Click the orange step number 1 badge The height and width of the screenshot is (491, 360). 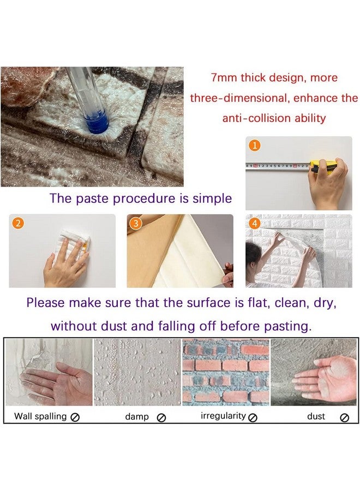(255, 146)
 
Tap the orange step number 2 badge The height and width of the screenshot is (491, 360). (18, 223)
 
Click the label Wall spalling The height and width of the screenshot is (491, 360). (40, 416)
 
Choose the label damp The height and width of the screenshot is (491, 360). (137, 416)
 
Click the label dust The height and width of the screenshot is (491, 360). (316, 416)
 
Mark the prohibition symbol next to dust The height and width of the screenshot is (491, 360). (344, 417)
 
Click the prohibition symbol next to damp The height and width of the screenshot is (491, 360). (161, 417)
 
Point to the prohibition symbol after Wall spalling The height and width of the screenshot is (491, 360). (75, 417)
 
